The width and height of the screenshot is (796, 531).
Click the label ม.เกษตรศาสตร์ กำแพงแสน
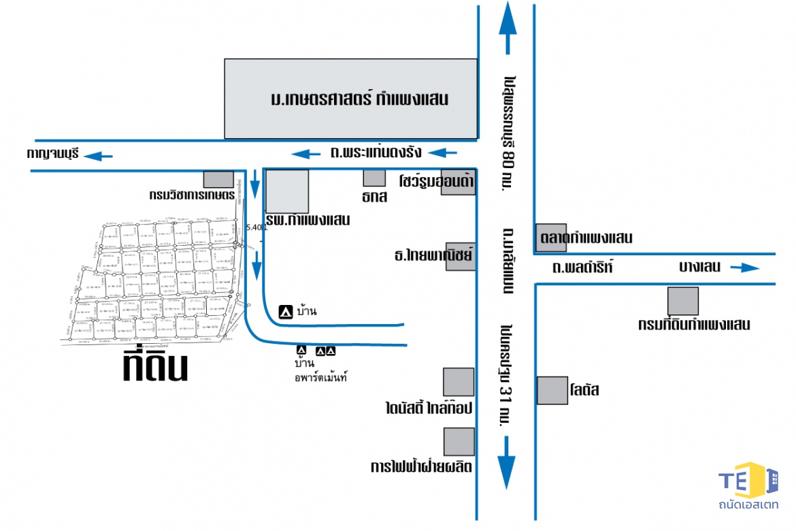coord(359,99)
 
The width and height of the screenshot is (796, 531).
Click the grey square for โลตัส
coord(552,390)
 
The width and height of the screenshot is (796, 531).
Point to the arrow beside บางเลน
coord(745,268)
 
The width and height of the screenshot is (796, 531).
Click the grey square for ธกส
coord(374,178)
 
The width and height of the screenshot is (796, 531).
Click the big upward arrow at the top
coord(508,27)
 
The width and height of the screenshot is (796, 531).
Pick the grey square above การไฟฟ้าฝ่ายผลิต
coord(459,442)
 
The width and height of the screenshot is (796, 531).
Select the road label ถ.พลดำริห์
coord(583,268)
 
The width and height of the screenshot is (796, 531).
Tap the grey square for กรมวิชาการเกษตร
coord(218,180)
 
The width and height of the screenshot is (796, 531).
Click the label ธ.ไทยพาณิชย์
coord(433,257)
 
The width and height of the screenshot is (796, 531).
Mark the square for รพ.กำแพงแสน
coord(286,191)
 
